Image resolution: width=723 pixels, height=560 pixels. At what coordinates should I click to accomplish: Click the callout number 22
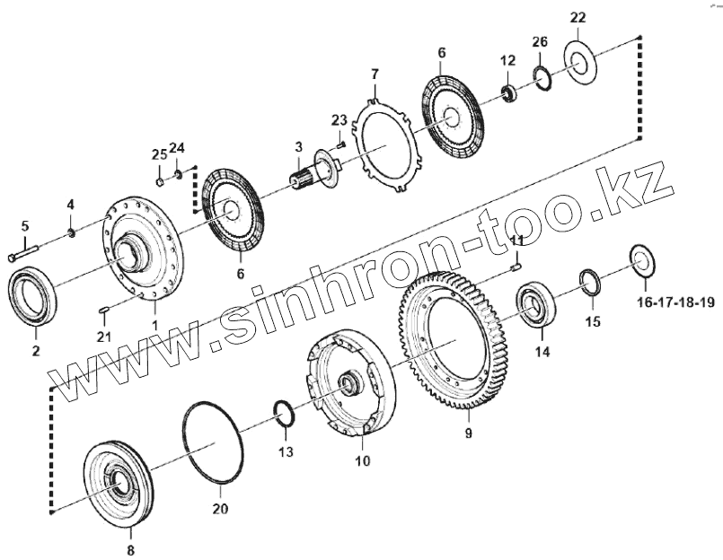pyautogui.click(x=578, y=19)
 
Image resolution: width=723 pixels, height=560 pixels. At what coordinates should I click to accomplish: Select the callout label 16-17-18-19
pyautogui.click(x=676, y=304)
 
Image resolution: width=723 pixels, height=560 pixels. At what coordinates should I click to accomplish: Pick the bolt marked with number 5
pyautogui.click(x=24, y=254)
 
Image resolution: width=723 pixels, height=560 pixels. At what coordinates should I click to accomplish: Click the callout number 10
pyautogui.click(x=362, y=462)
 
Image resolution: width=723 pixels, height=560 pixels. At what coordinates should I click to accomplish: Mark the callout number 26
pyautogui.click(x=539, y=42)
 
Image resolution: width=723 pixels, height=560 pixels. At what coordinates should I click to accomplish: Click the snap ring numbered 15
pyautogui.click(x=590, y=281)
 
